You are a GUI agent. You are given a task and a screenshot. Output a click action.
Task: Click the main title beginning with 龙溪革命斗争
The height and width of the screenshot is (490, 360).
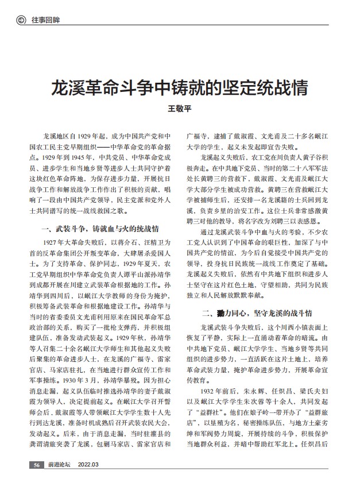[180, 87]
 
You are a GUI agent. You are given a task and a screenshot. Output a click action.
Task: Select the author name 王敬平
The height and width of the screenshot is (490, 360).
[180, 109]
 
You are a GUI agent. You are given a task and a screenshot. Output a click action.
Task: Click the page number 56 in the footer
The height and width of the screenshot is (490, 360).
[36, 480]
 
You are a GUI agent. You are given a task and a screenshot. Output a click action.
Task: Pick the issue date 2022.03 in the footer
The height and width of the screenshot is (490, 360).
[88, 480]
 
